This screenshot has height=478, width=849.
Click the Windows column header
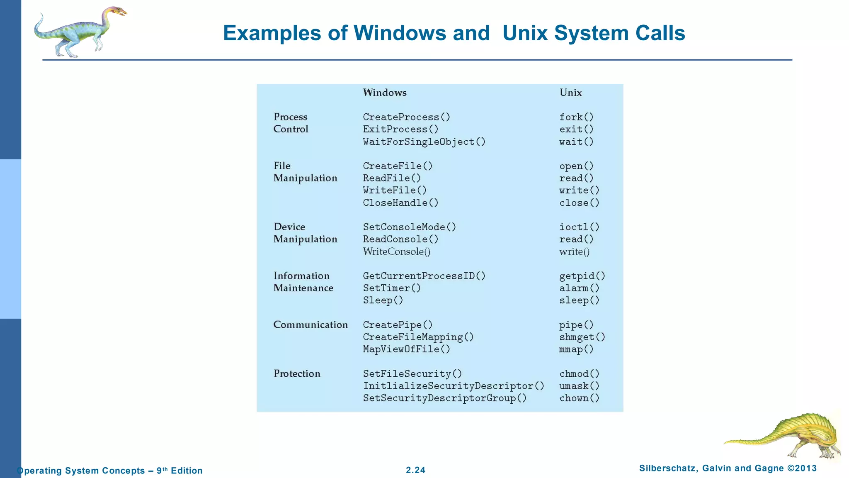tap(385, 93)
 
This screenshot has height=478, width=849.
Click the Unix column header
tap(570, 93)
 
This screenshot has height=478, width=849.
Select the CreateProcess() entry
tap(406, 117)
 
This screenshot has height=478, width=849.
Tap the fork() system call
tap(576, 117)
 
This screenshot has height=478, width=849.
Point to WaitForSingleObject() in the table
tap(424, 142)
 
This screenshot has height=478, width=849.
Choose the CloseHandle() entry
tap(400, 203)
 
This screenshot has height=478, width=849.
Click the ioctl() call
tap(579, 227)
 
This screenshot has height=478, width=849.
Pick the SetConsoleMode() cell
tap(409, 227)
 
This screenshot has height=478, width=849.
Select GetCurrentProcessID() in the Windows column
tap(424, 276)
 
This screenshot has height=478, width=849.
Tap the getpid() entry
tap(582, 276)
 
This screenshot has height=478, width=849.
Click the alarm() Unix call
tap(579, 288)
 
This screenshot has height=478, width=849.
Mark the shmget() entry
tap(582, 337)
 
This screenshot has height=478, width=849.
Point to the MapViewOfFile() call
tap(406, 349)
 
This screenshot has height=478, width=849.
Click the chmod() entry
tap(579, 374)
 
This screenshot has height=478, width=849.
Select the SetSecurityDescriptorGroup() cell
tap(445, 398)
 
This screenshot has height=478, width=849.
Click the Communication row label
tap(310, 325)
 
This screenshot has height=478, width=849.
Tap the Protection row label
tap(297, 374)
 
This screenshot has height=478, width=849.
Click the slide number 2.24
tap(415, 470)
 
